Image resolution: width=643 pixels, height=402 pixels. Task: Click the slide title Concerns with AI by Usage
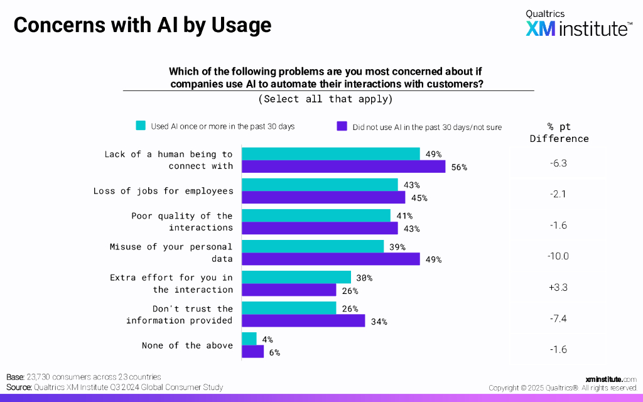click(x=143, y=25)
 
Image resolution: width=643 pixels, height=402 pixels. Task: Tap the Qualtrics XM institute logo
click(x=578, y=24)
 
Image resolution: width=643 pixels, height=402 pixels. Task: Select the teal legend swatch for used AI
click(x=141, y=126)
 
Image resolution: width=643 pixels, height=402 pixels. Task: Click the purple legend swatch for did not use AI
click(x=342, y=126)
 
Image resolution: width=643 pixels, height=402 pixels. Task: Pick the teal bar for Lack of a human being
click(x=330, y=154)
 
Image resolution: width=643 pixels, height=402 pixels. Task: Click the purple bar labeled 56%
click(x=343, y=166)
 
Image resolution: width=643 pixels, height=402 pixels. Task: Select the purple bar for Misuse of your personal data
click(x=330, y=259)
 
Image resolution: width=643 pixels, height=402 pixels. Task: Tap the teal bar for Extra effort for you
click(x=296, y=277)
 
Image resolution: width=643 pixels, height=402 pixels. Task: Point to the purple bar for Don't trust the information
click(x=303, y=321)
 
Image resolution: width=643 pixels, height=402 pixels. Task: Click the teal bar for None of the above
click(x=249, y=339)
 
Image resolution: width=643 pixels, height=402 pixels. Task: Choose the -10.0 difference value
click(x=558, y=256)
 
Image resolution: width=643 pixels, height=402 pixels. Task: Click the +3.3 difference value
click(x=558, y=288)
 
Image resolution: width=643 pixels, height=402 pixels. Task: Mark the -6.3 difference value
click(x=558, y=163)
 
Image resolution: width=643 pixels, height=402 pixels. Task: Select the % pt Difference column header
click(x=559, y=133)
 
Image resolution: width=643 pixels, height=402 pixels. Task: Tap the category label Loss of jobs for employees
click(x=163, y=191)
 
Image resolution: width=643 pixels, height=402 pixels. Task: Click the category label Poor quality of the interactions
click(x=182, y=222)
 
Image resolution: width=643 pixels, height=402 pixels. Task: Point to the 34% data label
click(x=379, y=322)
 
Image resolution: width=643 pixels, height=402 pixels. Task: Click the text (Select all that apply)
click(x=325, y=99)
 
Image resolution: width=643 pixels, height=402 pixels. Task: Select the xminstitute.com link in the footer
click(x=610, y=379)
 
